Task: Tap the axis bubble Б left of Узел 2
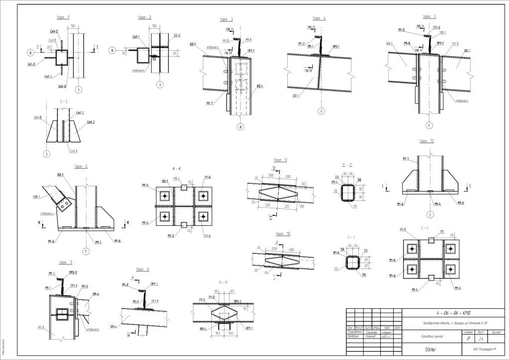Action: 112,51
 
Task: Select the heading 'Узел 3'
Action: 227,19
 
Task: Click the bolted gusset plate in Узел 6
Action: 63,201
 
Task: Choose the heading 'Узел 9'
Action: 280,160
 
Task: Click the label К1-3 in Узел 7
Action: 40,327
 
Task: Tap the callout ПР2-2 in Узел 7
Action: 72,273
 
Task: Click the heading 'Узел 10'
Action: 283,233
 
